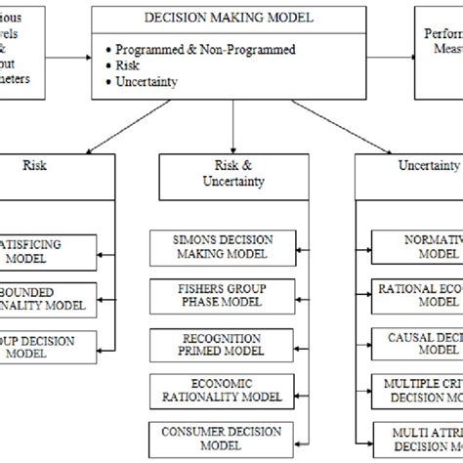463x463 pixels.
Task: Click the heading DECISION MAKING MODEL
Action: [x=233, y=18]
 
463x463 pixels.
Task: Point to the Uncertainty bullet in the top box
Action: [x=147, y=81]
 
